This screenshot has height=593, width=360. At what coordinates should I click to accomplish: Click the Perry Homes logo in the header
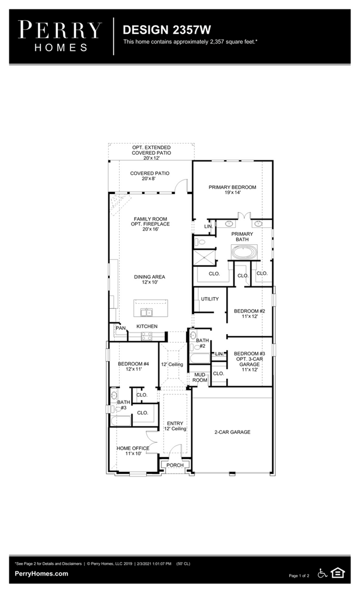(x=60, y=35)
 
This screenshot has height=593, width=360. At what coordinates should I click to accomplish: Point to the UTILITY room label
(x=210, y=299)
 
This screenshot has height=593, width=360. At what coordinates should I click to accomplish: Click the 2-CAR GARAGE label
(x=232, y=432)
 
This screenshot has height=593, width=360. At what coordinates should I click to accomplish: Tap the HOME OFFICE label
(x=133, y=451)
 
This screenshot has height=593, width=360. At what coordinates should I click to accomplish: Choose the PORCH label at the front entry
(x=175, y=465)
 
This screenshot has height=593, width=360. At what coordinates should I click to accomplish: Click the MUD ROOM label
(x=200, y=377)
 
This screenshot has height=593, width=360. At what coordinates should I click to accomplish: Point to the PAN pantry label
(x=120, y=327)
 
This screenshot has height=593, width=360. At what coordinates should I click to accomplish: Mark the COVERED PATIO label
(x=150, y=176)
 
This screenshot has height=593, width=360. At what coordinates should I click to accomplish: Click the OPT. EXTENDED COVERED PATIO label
(x=151, y=152)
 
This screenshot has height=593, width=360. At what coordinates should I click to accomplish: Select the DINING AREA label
(x=150, y=280)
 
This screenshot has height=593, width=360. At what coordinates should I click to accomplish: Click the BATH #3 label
(x=123, y=405)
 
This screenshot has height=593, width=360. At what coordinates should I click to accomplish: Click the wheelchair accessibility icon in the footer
(x=323, y=573)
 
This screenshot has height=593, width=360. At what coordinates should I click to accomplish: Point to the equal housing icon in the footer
(x=337, y=573)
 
